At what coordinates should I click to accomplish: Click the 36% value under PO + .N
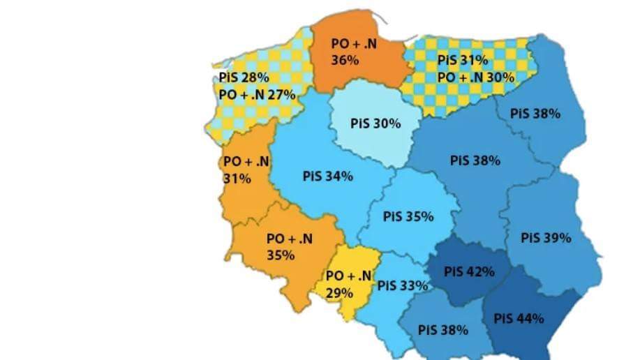345,61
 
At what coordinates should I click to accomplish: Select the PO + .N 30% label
476,77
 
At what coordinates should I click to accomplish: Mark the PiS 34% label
327,176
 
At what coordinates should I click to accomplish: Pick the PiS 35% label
408,216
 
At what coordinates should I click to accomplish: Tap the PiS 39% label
546,238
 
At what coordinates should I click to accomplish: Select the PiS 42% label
469,271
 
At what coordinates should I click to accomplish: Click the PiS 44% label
519,319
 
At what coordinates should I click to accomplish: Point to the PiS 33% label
403,285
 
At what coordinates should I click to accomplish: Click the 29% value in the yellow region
338,293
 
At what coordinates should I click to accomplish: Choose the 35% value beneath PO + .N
281,255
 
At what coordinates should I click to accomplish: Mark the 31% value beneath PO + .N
237,179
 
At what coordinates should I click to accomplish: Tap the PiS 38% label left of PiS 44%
442,329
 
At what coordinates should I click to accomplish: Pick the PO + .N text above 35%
290,239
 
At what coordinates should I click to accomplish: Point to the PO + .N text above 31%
246,162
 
